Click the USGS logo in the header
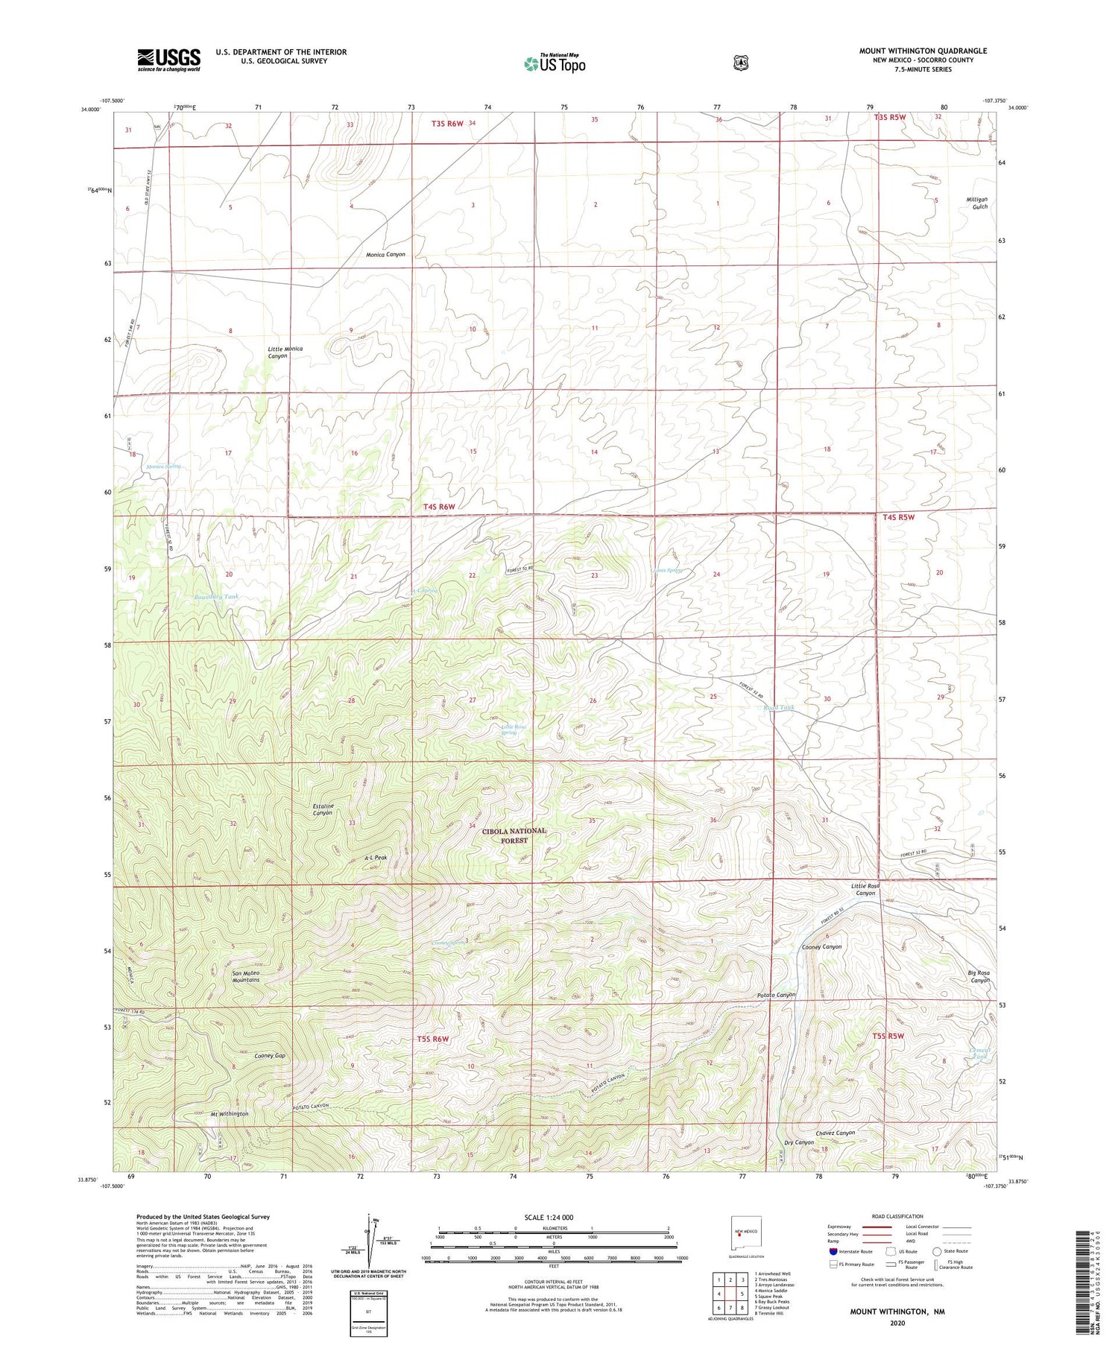tap(168, 60)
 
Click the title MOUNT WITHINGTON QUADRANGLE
tap(923, 51)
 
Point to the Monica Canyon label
tap(385, 255)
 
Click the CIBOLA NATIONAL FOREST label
tap(514, 835)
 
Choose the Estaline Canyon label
tap(322, 809)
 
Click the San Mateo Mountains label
tap(246, 977)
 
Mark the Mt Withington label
tap(230, 1114)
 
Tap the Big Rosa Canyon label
tap(979, 977)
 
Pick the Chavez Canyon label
tap(835, 1133)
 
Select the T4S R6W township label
tap(439, 507)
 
